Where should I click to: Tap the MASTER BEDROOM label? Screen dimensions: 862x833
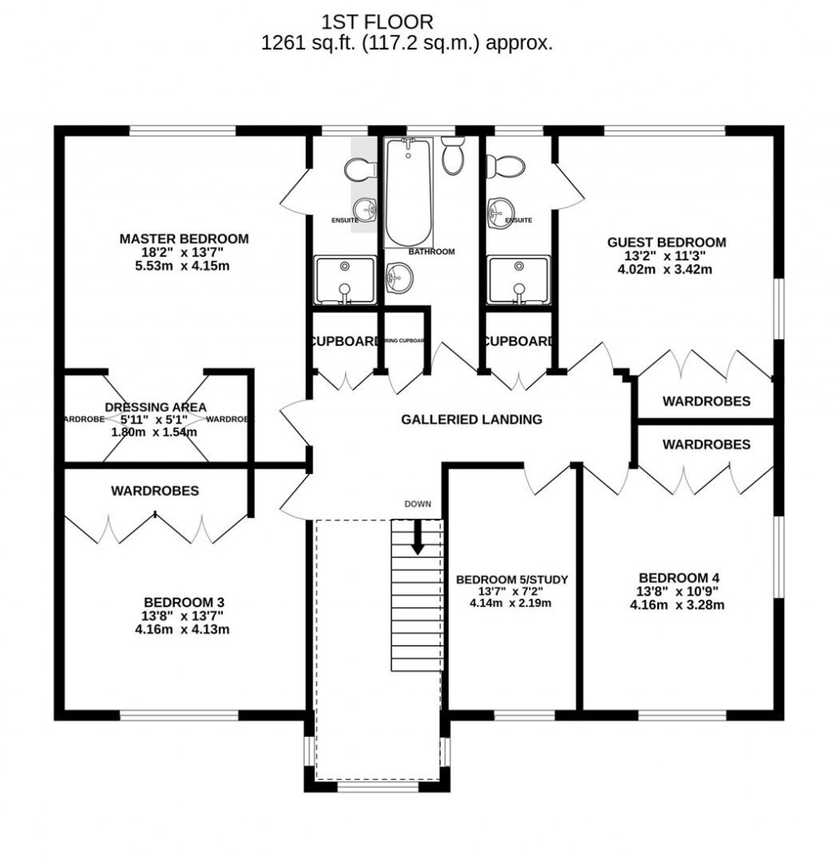pyautogui.click(x=184, y=238)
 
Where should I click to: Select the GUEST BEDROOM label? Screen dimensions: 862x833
pyautogui.click(x=666, y=242)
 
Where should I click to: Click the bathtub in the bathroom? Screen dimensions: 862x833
pyautogui.click(x=408, y=192)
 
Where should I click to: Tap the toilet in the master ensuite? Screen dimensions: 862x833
pyautogui.click(x=359, y=169)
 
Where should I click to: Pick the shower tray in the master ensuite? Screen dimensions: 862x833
pyautogui.click(x=345, y=279)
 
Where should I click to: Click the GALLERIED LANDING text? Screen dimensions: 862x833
pyautogui.click(x=471, y=420)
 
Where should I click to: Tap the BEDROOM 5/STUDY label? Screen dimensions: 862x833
pyautogui.click(x=511, y=579)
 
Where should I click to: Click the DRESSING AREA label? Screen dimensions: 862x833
pyautogui.click(x=155, y=407)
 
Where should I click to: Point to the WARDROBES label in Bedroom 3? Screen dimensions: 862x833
pyautogui.click(x=155, y=491)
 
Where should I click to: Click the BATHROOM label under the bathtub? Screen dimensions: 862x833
pyautogui.click(x=431, y=252)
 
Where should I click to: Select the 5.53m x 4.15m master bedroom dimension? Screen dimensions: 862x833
pyautogui.click(x=184, y=265)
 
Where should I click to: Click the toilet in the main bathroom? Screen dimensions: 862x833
pyautogui.click(x=453, y=155)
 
